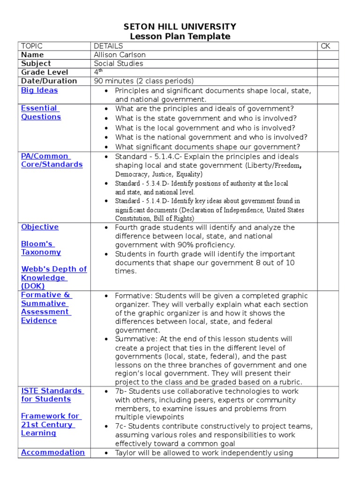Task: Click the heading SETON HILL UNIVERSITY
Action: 180,27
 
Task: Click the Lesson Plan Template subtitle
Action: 180,37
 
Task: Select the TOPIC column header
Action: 31,46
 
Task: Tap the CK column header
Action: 325,46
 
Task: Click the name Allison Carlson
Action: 120,55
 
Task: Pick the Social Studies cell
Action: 119,63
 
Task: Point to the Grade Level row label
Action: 45,72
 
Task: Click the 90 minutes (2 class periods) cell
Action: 143,81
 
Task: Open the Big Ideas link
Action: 39,90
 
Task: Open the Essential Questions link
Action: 41,112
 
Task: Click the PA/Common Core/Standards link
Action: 52,160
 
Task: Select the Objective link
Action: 40,227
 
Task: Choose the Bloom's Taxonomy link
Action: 41,248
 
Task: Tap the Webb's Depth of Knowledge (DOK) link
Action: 53,277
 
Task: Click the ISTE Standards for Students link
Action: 52,395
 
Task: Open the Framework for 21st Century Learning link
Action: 50,424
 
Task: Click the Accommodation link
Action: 53,452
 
